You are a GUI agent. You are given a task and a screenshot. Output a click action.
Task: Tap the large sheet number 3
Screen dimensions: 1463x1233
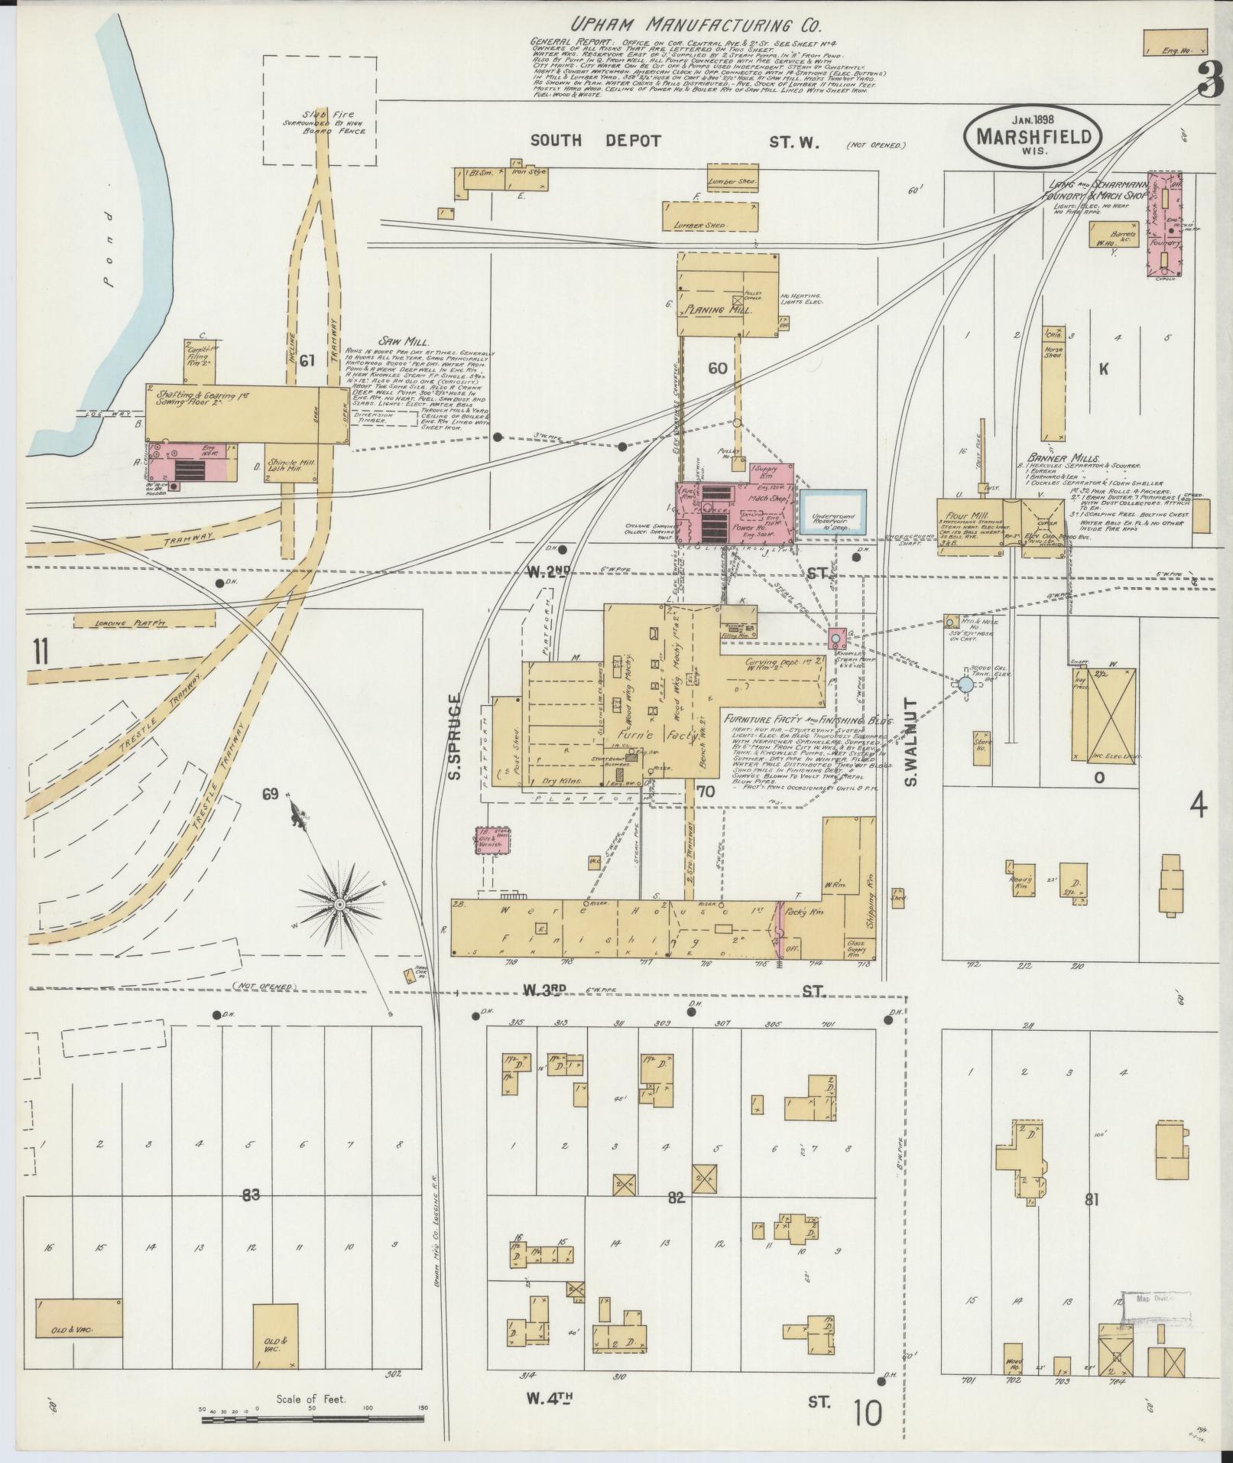[x=1209, y=80]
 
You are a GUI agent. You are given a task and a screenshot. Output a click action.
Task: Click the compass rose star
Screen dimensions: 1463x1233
[x=337, y=905]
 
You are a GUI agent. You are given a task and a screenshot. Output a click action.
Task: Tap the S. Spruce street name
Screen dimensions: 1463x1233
[x=454, y=737]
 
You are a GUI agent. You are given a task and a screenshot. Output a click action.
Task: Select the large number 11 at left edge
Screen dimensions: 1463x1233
[x=40, y=652]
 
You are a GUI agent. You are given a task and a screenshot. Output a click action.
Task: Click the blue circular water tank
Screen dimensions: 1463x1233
[x=965, y=684]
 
